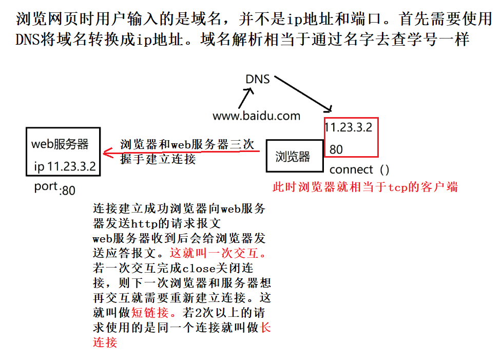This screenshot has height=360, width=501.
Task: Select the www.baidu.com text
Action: pos(256,116)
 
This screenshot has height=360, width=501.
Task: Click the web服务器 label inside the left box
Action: pos(60,143)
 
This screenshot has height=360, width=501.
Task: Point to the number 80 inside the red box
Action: pos(336,149)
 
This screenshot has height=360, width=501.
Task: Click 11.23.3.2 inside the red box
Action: pos(349,127)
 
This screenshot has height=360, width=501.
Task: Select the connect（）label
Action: pos(359,169)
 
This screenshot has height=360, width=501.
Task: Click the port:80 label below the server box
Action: pos(55,188)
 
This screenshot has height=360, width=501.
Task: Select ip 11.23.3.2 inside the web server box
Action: pos(64,166)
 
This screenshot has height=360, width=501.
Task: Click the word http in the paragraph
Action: pos(144,223)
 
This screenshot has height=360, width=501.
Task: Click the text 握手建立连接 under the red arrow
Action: pos(158,159)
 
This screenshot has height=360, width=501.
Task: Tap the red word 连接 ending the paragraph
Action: pos(105,342)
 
